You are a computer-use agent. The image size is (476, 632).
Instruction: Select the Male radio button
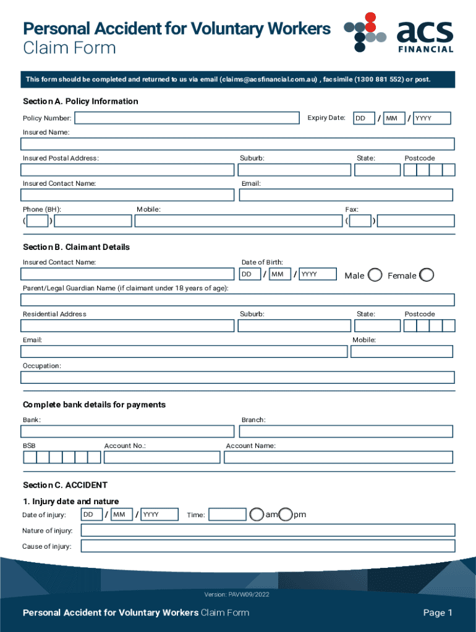[x=375, y=275]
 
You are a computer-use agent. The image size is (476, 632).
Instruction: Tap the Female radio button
[x=427, y=275]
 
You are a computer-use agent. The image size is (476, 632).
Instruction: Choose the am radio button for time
[x=257, y=514]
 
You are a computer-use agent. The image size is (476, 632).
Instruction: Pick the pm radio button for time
[x=286, y=514]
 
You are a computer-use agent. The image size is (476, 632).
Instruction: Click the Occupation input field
[x=238, y=377]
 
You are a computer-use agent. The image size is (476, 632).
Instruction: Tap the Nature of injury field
[x=268, y=530]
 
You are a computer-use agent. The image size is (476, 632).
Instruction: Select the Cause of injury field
[x=268, y=546]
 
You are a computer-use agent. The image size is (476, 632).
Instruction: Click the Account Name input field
[x=338, y=457]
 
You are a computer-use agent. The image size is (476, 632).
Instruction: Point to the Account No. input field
[x=162, y=457]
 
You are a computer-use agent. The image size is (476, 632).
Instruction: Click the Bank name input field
[x=127, y=431]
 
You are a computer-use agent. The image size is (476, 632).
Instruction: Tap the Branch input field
[x=346, y=431]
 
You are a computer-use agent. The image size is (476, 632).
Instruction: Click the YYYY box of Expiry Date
[x=431, y=118]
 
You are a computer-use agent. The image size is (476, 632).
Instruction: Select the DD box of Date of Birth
[x=250, y=274]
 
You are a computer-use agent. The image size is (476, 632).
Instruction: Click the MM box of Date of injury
[x=121, y=514]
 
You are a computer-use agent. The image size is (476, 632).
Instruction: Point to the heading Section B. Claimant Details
[x=76, y=247]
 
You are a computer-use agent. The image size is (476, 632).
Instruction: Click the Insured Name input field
[x=238, y=144]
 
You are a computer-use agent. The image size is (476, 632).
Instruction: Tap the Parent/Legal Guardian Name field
[x=238, y=300]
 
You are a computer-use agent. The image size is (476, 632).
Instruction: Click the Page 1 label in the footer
[x=438, y=613]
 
